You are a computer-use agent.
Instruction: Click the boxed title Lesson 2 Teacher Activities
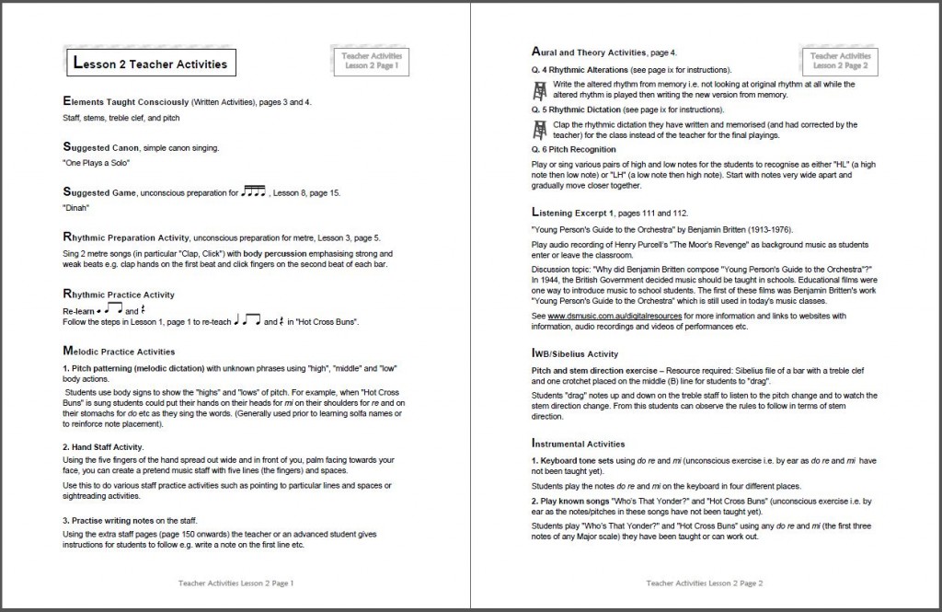pos(148,64)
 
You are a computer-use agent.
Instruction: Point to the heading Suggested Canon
pos(98,147)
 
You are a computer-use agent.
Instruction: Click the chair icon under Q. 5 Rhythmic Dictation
pos(540,129)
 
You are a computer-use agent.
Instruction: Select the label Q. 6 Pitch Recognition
pos(573,149)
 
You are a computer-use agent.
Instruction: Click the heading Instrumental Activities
pos(585,444)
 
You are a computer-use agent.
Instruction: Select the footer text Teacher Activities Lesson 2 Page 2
pos(705,583)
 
